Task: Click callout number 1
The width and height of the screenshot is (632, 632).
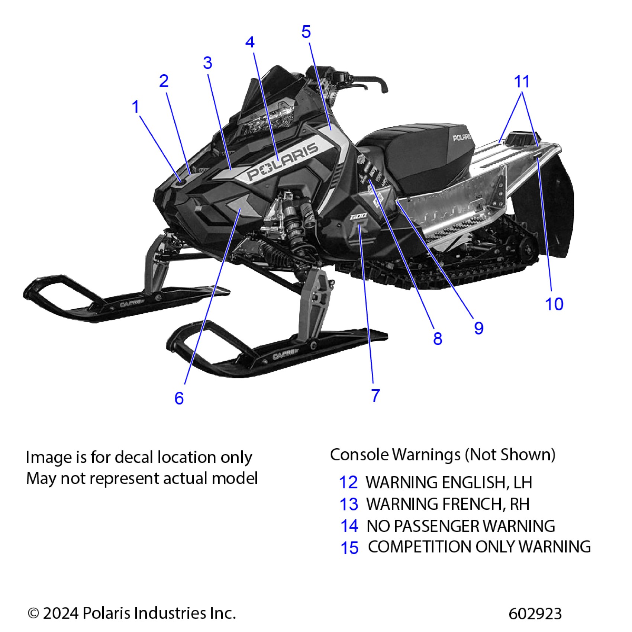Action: [x=136, y=107]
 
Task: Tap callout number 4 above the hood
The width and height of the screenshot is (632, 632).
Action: [x=250, y=42]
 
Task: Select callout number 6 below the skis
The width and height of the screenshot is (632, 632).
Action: [x=179, y=399]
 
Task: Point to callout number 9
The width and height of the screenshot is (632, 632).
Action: [x=479, y=328]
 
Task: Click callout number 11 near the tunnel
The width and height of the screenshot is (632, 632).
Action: [x=522, y=81]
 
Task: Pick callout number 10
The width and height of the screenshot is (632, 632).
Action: [x=554, y=304]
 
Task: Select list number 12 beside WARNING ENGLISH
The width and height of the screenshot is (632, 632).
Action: [x=348, y=483]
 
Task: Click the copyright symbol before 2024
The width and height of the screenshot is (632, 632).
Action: [x=33, y=613]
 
